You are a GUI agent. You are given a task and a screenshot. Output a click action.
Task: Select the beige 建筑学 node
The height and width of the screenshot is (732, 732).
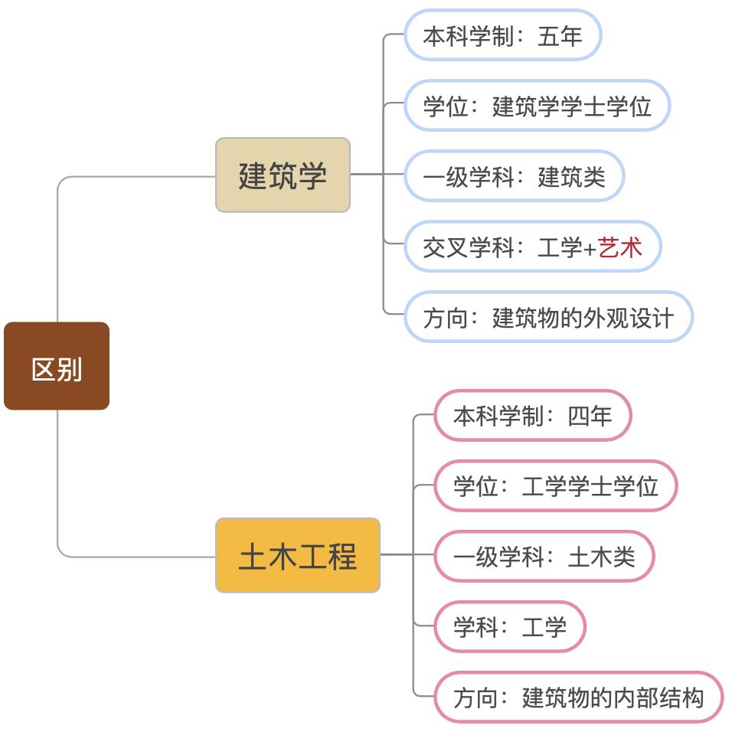(x=283, y=175)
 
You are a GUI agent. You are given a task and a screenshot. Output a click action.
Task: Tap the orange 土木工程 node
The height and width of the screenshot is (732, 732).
(x=298, y=555)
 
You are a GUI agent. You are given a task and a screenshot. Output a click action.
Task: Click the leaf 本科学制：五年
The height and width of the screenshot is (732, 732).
(x=502, y=35)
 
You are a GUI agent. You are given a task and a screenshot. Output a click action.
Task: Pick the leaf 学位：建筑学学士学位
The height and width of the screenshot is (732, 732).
(x=537, y=106)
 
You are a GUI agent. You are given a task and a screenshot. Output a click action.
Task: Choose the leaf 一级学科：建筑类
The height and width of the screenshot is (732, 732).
(x=514, y=176)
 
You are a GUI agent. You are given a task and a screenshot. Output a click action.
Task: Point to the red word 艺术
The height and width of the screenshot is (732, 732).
(x=620, y=247)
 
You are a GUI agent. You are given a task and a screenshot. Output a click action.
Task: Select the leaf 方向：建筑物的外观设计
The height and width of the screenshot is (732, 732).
(x=548, y=317)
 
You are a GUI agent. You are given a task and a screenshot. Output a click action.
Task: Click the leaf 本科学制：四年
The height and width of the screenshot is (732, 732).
(x=532, y=416)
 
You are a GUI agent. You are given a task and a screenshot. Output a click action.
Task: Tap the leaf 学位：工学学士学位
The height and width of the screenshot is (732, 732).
(x=555, y=485)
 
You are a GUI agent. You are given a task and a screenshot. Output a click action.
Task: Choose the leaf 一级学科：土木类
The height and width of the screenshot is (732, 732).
(x=544, y=556)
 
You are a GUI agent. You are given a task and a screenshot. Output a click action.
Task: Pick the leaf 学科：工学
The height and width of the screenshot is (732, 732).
(x=509, y=627)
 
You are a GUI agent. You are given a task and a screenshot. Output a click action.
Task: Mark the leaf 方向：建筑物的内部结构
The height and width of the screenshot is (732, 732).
(x=578, y=698)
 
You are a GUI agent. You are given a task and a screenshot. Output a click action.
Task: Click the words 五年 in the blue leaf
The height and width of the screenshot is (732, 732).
(x=560, y=35)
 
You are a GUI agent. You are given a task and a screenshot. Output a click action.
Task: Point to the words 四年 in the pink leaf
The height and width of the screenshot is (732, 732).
(x=590, y=416)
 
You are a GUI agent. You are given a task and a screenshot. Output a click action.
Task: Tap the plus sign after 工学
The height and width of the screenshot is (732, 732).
(x=590, y=247)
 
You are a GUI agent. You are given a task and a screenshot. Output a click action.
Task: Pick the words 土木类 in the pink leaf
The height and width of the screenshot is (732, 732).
(x=601, y=556)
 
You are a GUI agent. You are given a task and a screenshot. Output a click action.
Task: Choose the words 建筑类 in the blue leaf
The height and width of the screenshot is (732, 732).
(x=571, y=176)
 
